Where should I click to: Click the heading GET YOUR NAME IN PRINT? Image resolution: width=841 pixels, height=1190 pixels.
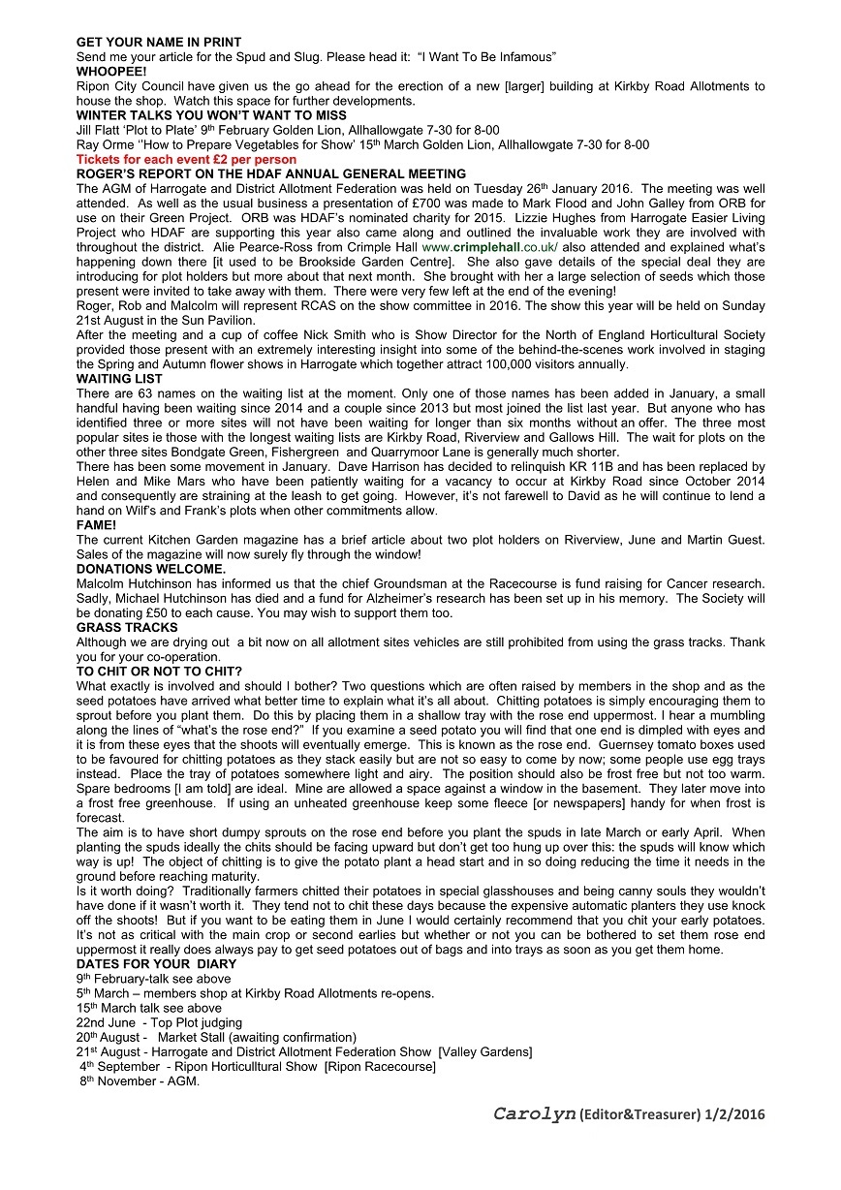tap(159, 43)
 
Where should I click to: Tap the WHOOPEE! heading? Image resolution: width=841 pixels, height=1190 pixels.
tap(111, 72)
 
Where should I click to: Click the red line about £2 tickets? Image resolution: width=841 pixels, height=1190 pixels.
tap(186, 159)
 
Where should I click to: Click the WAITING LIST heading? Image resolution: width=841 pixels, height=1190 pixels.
tap(119, 379)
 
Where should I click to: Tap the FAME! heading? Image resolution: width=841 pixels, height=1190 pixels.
tap(96, 524)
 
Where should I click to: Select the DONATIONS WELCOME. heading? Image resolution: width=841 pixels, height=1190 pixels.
tap(151, 569)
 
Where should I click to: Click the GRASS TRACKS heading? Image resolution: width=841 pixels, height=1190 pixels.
tap(127, 627)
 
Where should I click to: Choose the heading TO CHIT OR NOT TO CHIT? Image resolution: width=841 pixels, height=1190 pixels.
tap(159, 671)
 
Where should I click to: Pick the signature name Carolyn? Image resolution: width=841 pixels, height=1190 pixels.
tap(534, 1114)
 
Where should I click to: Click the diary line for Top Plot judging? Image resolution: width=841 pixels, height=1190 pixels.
tap(159, 1022)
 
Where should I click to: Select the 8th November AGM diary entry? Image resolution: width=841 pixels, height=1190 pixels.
tap(140, 1080)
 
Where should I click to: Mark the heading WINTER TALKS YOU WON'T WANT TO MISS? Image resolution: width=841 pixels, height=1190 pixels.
tap(211, 115)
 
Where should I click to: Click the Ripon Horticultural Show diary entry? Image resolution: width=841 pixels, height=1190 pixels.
tap(258, 1066)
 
